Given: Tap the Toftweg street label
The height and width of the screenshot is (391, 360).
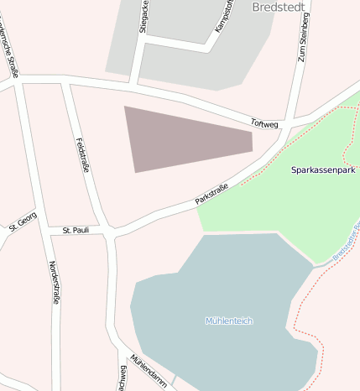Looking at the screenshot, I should (x=263, y=123).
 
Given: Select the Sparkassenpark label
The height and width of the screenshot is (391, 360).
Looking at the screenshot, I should (x=323, y=169).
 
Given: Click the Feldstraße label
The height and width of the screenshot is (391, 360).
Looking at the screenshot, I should (x=82, y=154).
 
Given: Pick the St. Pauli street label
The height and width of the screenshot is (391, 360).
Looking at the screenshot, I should (x=76, y=229).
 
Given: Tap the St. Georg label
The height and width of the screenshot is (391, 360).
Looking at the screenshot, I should (x=23, y=222).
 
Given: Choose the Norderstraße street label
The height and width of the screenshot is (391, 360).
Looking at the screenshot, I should (x=55, y=282).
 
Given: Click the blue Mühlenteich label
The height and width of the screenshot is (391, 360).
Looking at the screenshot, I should (x=229, y=321).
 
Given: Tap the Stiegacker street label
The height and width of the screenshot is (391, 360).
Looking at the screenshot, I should (x=143, y=17).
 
